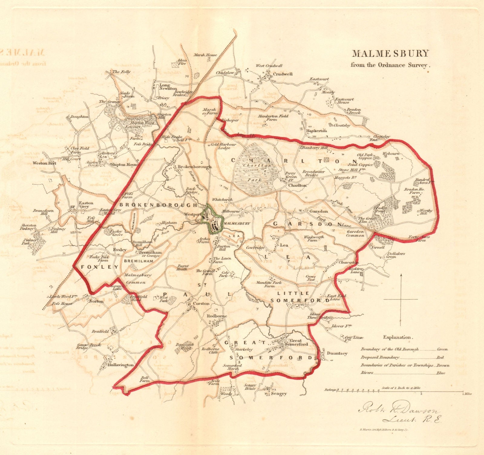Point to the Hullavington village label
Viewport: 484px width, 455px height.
click(120, 365)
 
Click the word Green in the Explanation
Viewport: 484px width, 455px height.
click(442, 349)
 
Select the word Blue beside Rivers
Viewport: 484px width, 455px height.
click(440, 373)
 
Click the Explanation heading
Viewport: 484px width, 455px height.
click(397, 337)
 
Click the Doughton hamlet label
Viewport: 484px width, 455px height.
click(79, 116)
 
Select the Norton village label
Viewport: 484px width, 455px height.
click(96, 301)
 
